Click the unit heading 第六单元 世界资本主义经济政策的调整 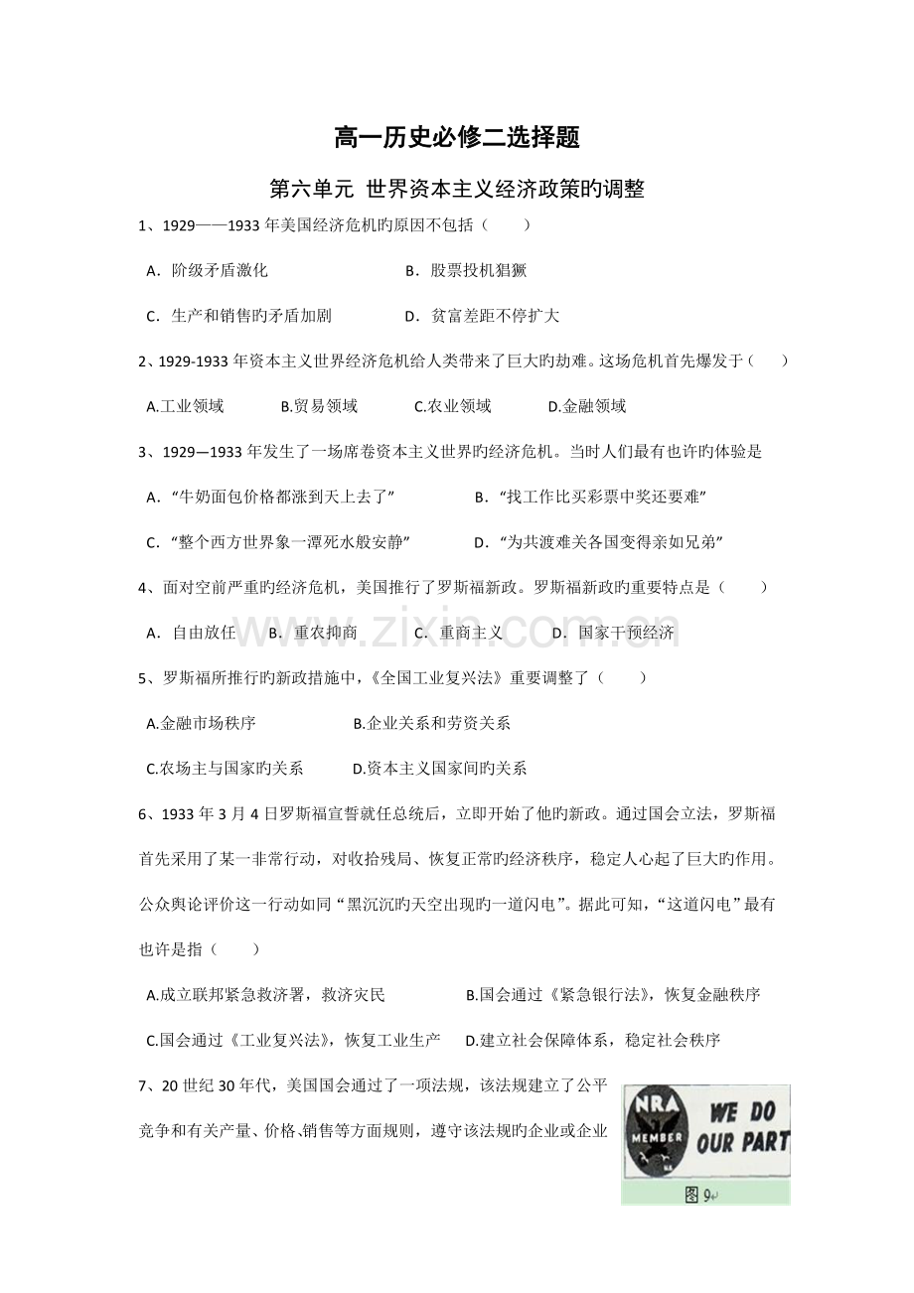[457, 188]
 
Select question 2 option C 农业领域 [452, 406]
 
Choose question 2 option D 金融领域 [586, 406]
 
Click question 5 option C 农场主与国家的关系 [225, 768]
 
